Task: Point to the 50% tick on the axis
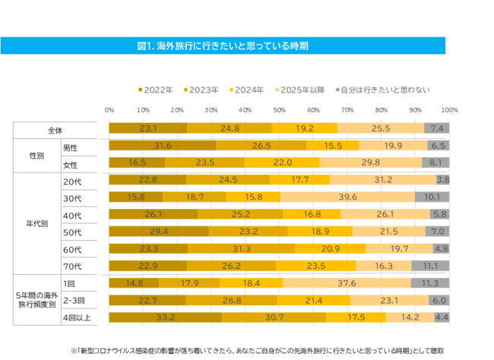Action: [279, 110]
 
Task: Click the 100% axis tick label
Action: [448, 110]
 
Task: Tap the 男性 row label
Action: [90, 146]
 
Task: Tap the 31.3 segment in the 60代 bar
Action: [242, 248]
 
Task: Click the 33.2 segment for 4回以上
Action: [165, 317]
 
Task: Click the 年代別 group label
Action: [37, 223]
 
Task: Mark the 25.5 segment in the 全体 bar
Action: [380, 128]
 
